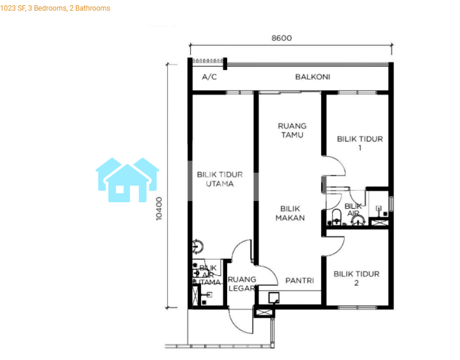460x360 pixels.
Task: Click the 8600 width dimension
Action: (x=282, y=38)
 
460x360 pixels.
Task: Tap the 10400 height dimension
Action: (x=159, y=209)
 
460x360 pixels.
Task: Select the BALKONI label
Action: (x=313, y=77)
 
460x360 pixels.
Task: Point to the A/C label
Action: (x=209, y=77)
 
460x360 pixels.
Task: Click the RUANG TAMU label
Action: (x=292, y=130)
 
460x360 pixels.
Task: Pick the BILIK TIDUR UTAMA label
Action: (x=220, y=179)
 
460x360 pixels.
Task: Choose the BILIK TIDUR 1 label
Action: (x=360, y=143)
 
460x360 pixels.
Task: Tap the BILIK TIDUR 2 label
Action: (x=356, y=278)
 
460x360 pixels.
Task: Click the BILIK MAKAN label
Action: (x=290, y=214)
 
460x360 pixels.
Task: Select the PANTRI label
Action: (x=299, y=281)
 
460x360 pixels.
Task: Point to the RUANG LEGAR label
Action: (x=242, y=283)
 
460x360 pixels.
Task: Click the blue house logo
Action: (x=127, y=180)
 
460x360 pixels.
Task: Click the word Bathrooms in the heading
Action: (x=92, y=8)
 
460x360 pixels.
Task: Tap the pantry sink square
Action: (x=274, y=298)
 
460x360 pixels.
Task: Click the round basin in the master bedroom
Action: (x=197, y=246)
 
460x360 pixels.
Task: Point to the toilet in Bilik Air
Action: (x=336, y=216)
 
